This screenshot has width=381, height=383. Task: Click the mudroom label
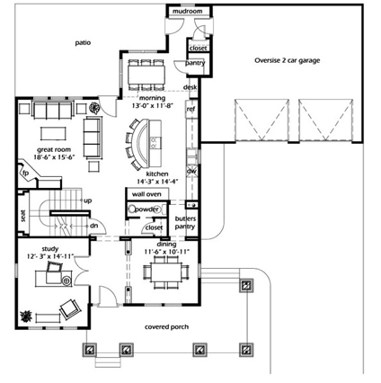coord(190,12)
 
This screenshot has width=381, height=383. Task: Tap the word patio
coord(83,41)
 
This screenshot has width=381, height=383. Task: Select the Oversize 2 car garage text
coord(287,61)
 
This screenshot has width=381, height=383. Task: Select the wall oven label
coord(146,193)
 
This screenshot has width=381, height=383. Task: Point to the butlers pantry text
coord(185,224)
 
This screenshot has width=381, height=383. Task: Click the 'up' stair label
coord(87,200)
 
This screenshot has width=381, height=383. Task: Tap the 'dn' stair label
coord(93,226)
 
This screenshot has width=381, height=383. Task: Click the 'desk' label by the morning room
coord(190,87)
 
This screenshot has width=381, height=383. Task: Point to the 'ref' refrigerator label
coord(190,110)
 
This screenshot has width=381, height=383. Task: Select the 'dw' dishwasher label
coord(190,169)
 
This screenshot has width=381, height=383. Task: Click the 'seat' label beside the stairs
coord(23,216)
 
